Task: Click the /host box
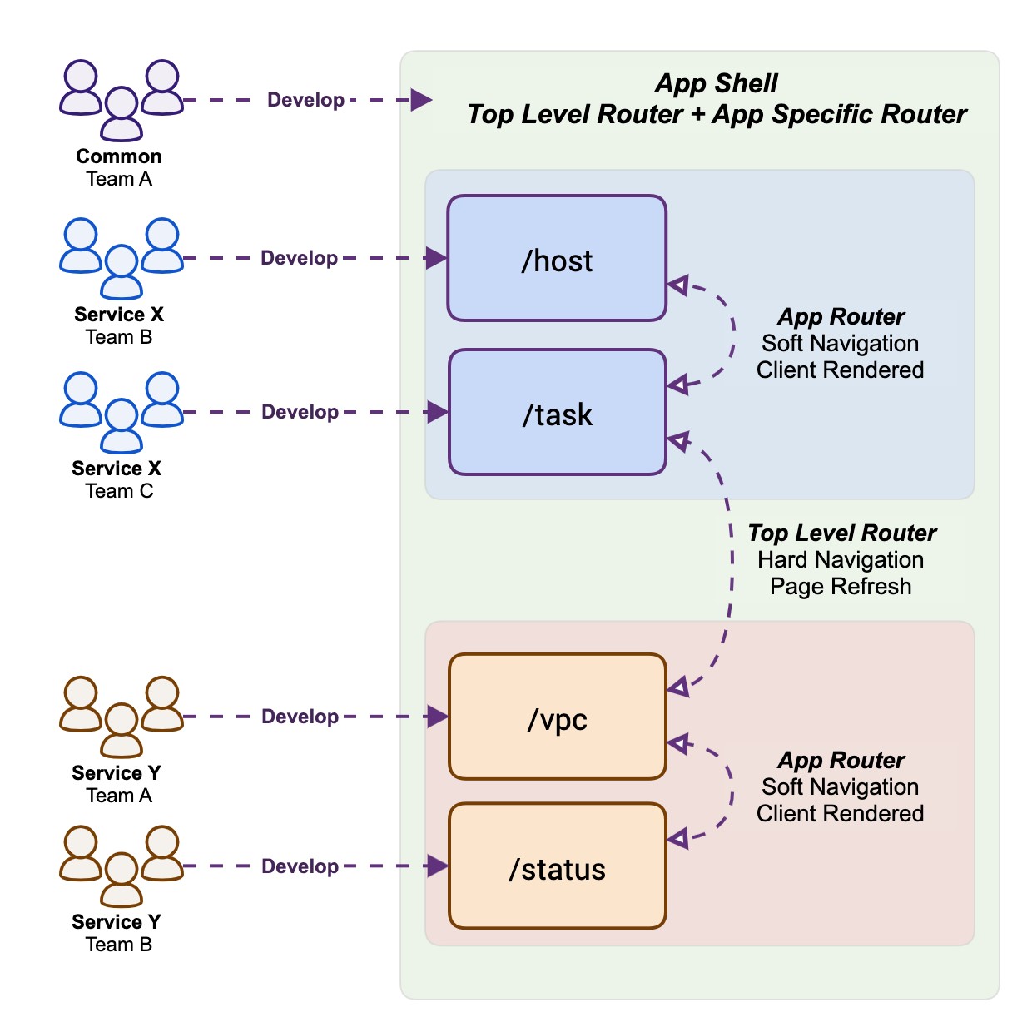point(557,259)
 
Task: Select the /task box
point(558,413)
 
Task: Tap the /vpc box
point(558,717)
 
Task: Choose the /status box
point(558,866)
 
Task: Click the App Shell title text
point(716,83)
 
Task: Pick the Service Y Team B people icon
point(122,866)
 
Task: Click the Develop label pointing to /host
point(300,258)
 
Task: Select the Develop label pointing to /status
point(300,866)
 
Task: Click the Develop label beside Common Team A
point(305,100)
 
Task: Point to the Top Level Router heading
point(842,533)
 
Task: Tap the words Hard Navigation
point(841,559)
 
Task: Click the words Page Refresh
point(841,586)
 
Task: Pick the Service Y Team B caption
point(117,933)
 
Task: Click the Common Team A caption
point(119,167)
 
